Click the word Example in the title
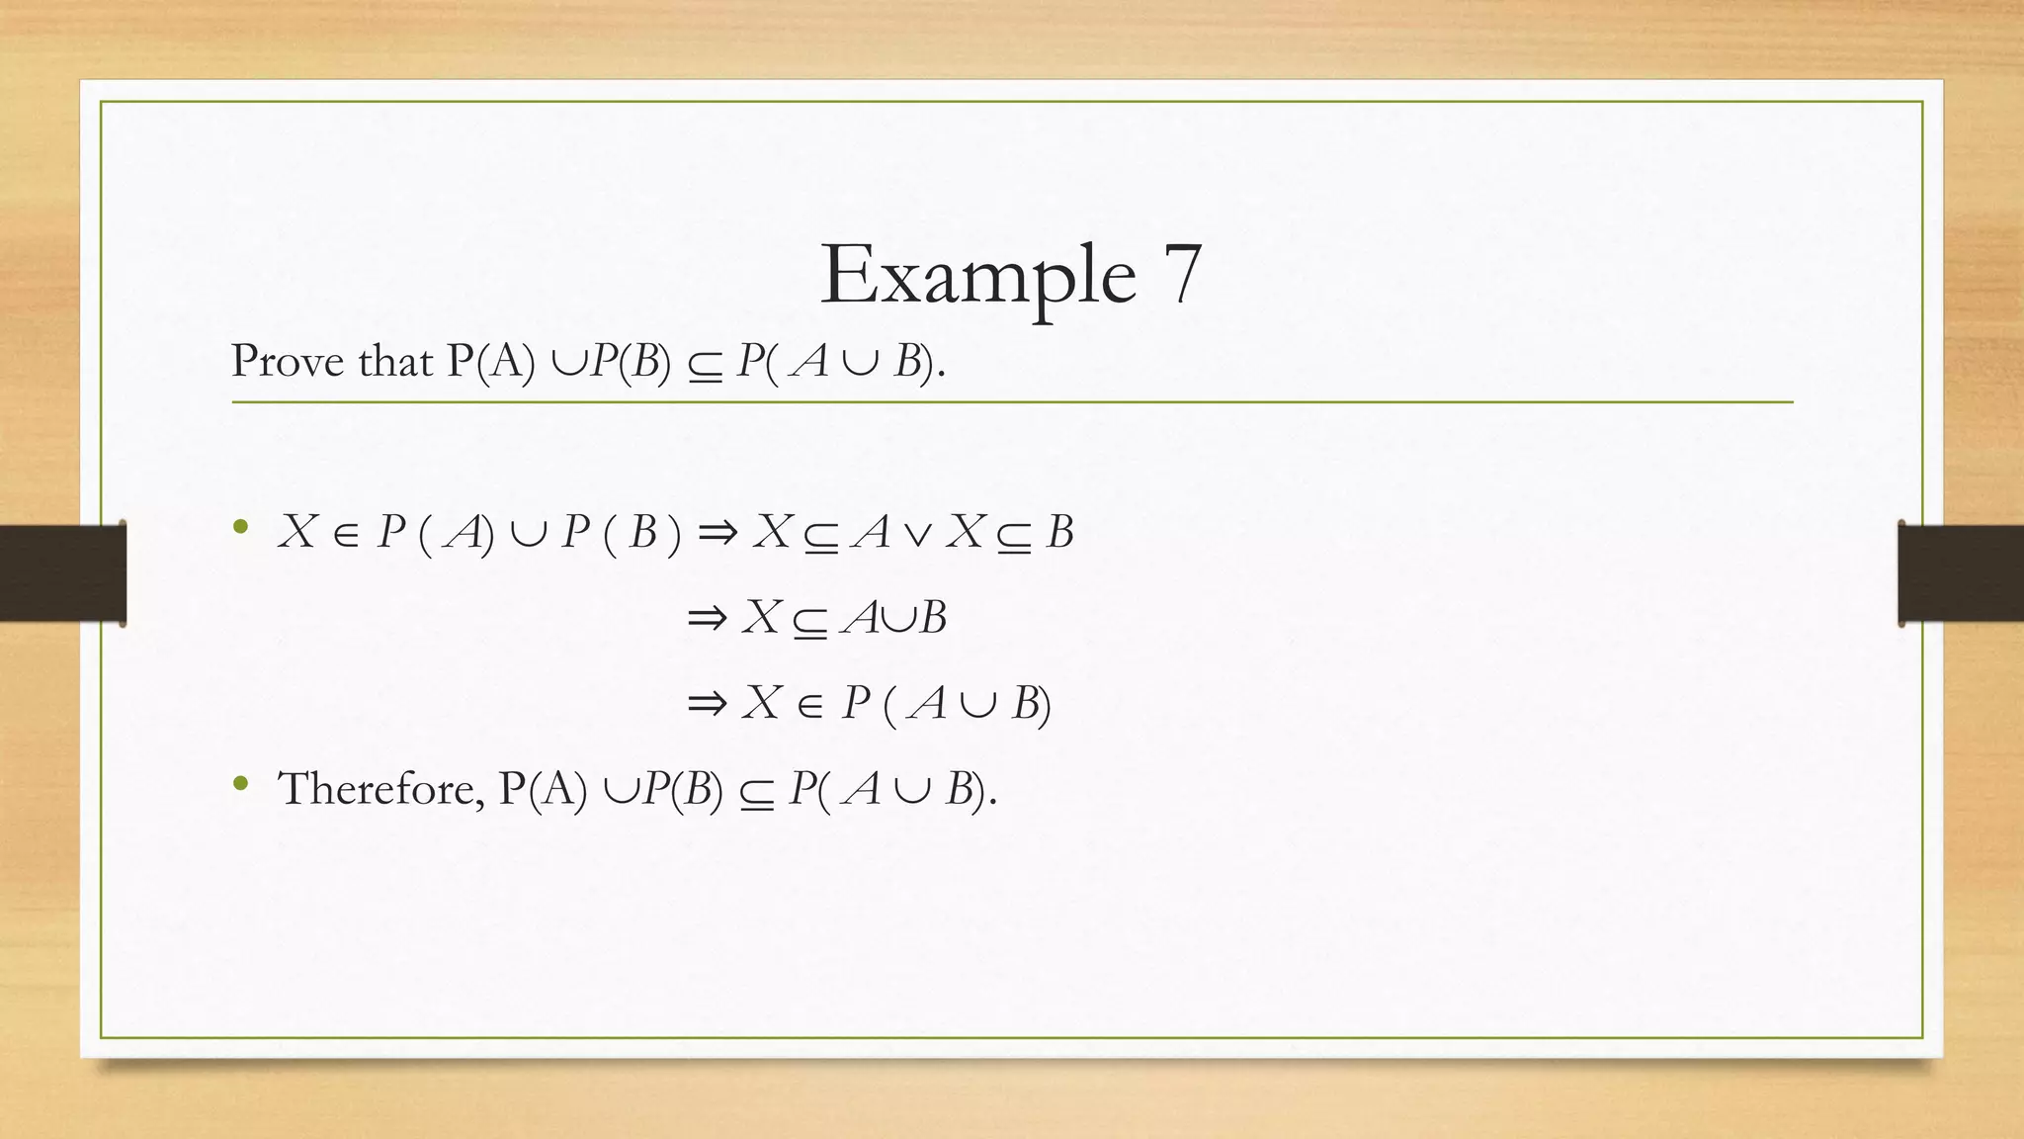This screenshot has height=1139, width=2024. click(977, 276)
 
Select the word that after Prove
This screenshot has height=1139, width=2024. click(395, 361)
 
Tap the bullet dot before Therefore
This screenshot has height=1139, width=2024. click(240, 784)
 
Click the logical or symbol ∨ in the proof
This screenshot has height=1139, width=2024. click(917, 534)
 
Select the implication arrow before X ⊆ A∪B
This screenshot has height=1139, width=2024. click(707, 620)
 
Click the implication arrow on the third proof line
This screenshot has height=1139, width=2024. click(707, 705)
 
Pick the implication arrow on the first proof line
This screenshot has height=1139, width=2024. click(717, 534)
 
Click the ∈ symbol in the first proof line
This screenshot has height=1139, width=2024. click(346, 535)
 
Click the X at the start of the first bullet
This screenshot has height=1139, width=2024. click(296, 532)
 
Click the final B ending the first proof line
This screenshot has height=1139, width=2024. click(1059, 532)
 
